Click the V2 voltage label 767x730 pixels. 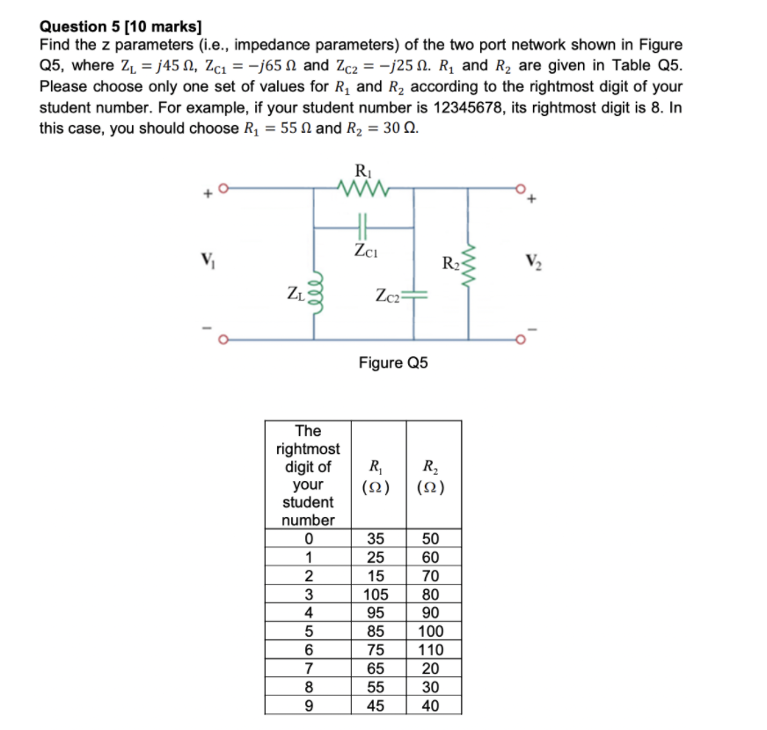tap(531, 260)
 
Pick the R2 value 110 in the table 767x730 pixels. tap(432, 650)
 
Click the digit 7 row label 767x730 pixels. tap(308, 668)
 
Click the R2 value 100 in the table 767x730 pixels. tap(432, 631)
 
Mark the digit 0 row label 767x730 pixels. tap(308, 538)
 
